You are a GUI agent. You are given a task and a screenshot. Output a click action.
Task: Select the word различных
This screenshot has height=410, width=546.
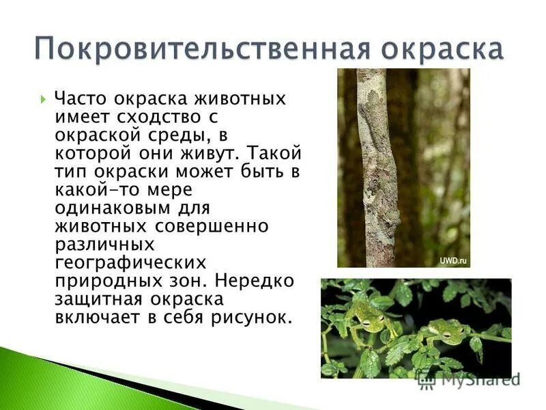pyautogui.click(x=105, y=243)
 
